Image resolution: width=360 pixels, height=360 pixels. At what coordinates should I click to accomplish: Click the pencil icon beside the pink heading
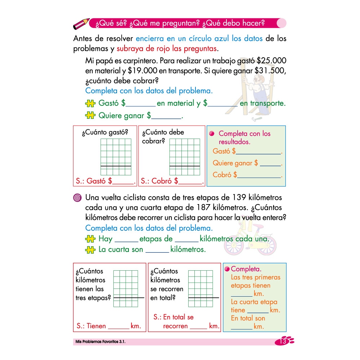(x=81, y=24)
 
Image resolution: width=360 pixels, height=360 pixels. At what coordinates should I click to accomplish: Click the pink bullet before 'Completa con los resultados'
(x=212, y=134)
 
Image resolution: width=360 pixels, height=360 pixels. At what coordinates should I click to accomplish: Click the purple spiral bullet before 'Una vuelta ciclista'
(x=77, y=198)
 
